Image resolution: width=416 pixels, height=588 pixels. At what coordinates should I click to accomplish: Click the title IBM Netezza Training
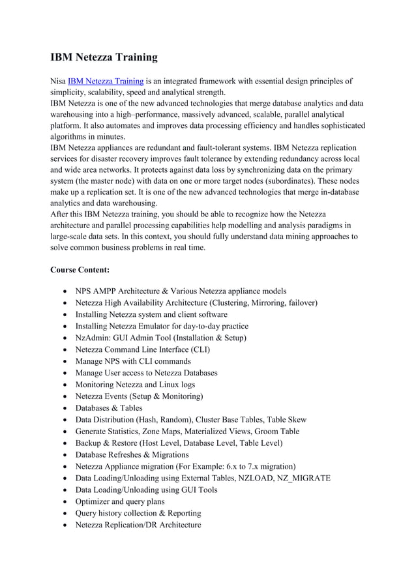coord(104,57)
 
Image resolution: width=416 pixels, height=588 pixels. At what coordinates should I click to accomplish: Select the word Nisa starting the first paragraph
coord(58,81)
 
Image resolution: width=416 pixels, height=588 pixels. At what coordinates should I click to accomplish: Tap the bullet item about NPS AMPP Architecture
coord(181,291)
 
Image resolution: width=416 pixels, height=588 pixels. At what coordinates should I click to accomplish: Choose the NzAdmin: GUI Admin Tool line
coord(160,338)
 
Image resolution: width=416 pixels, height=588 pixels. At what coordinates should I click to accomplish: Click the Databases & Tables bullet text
coord(109,408)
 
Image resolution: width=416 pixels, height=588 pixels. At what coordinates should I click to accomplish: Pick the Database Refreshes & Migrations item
coord(132,454)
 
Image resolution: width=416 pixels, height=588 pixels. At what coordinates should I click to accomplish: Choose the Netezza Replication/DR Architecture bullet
coord(138,525)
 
